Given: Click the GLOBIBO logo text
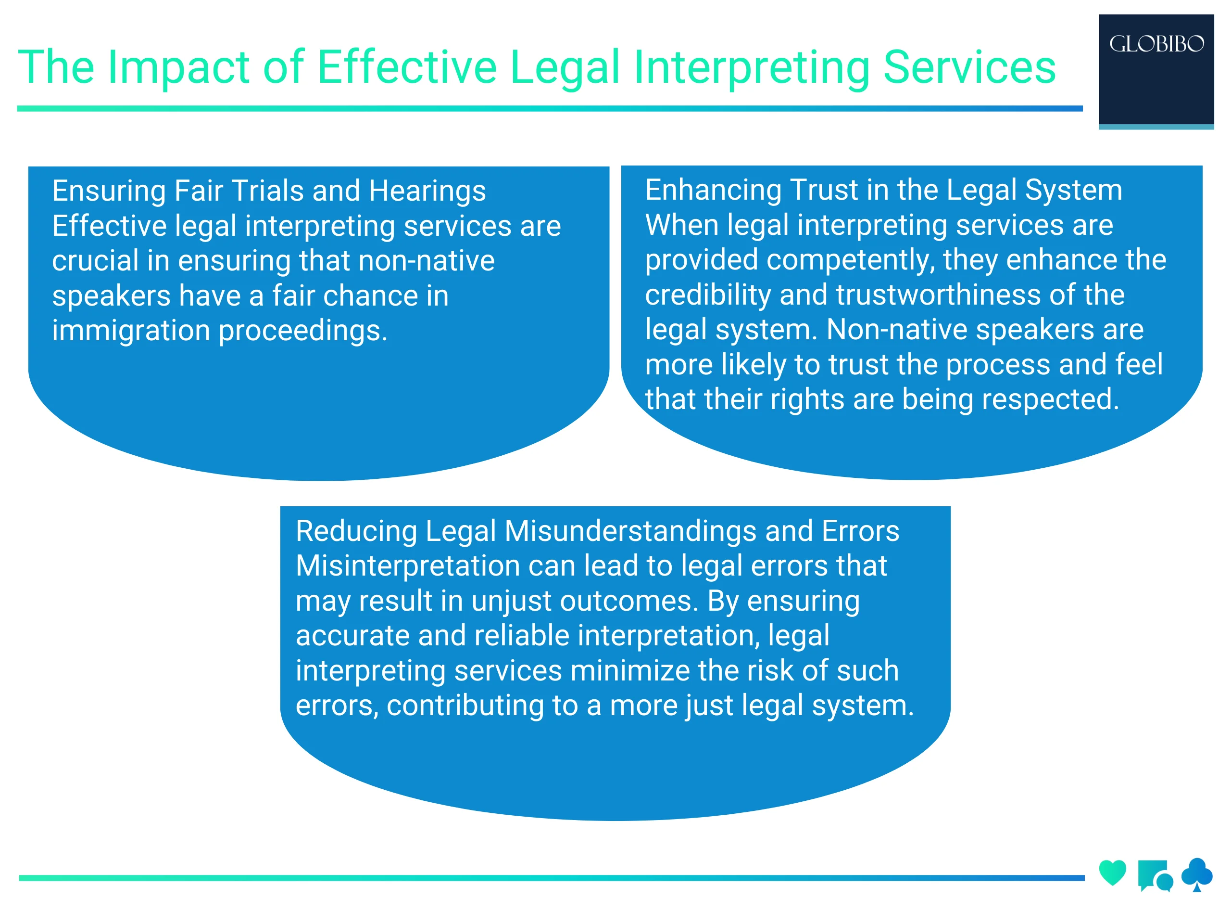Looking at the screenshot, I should pyautogui.click(x=1156, y=44).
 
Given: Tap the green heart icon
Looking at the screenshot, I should pyautogui.click(x=1112, y=872).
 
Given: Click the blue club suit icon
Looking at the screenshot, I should pyautogui.click(x=1196, y=873).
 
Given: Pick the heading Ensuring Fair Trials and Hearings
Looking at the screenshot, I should pyautogui.click(x=269, y=191).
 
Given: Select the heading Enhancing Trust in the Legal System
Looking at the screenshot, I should pyautogui.click(x=883, y=190).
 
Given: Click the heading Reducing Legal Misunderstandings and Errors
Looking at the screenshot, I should pyautogui.click(x=597, y=531).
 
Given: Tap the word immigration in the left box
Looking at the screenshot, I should pyautogui.click(x=131, y=331).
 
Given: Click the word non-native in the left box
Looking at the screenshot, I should pyautogui.click(x=427, y=261).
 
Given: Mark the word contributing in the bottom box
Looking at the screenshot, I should pyautogui.click(x=465, y=706).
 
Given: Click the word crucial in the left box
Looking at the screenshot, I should pyautogui.click(x=95, y=261).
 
